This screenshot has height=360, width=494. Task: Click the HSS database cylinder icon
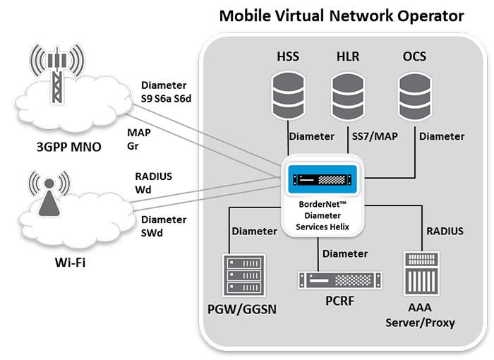click(x=288, y=95)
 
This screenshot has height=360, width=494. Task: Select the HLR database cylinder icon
click(x=348, y=96)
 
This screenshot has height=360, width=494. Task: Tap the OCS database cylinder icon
click(x=415, y=96)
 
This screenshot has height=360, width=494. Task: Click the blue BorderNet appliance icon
click(x=323, y=179)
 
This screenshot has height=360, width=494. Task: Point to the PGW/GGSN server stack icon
click(x=244, y=275)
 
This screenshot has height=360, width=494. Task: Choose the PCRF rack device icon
click(x=339, y=280)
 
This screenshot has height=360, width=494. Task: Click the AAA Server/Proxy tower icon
click(x=421, y=273)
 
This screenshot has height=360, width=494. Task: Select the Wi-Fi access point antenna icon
click(x=49, y=195)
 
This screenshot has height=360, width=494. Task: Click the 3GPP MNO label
click(x=69, y=147)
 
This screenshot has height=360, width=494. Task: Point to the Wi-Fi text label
click(x=70, y=263)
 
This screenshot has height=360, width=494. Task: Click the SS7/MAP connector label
click(x=375, y=136)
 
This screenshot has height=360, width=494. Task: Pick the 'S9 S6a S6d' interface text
click(x=166, y=99)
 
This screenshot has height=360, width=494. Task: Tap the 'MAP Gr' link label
click(x=139, y=139)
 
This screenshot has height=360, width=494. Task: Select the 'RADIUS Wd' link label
click(x=153, y=183)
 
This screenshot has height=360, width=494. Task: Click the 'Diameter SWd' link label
click(x=164, y=226)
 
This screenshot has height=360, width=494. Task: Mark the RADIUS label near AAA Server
click(x=445, y=231)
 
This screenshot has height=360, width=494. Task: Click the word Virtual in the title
click(x=299, y=16)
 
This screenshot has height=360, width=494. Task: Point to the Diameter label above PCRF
click(x=345, y=254)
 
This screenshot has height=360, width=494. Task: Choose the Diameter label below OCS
click(x=442, y=136)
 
